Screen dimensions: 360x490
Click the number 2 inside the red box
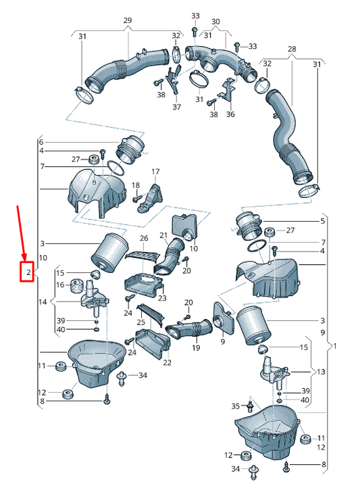click(28, 272)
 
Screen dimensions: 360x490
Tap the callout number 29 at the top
click(128, 21)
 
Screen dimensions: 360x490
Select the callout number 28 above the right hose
click(292, 49)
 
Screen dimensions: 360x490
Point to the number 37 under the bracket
click(177, 107)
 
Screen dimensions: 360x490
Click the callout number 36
click(230, 114)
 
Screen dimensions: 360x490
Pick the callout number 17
click(155, 172)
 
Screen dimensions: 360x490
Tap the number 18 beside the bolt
click(136, 185)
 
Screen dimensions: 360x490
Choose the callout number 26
click(144, 239)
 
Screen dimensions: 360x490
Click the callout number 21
click(163, 235)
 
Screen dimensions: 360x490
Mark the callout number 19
click(196, 348)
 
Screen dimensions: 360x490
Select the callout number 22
click(168, 362)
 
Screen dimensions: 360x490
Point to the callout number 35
click(236, 406)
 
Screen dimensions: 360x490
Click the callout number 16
click(60, 285)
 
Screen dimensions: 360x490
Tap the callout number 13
click(321, 372)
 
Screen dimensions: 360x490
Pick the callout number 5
click(323, 221)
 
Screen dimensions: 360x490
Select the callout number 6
click(41, 142)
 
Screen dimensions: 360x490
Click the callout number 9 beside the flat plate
click(223, 341)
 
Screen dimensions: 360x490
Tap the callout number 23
click(162, 298)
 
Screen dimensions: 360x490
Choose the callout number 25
click(141, 322)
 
